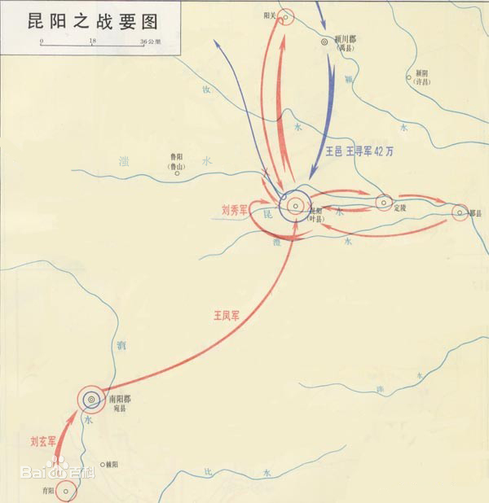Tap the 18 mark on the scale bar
[93, 40]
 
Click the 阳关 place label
[271, 15]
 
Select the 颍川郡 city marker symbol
[325, 39]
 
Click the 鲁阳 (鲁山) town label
[174, 161]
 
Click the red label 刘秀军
[234, 209]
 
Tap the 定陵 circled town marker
[384, 203]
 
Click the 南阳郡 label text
[119, 398]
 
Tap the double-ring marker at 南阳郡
[90, 399]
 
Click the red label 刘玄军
[38, 442]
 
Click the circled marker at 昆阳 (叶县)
[294, 206]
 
